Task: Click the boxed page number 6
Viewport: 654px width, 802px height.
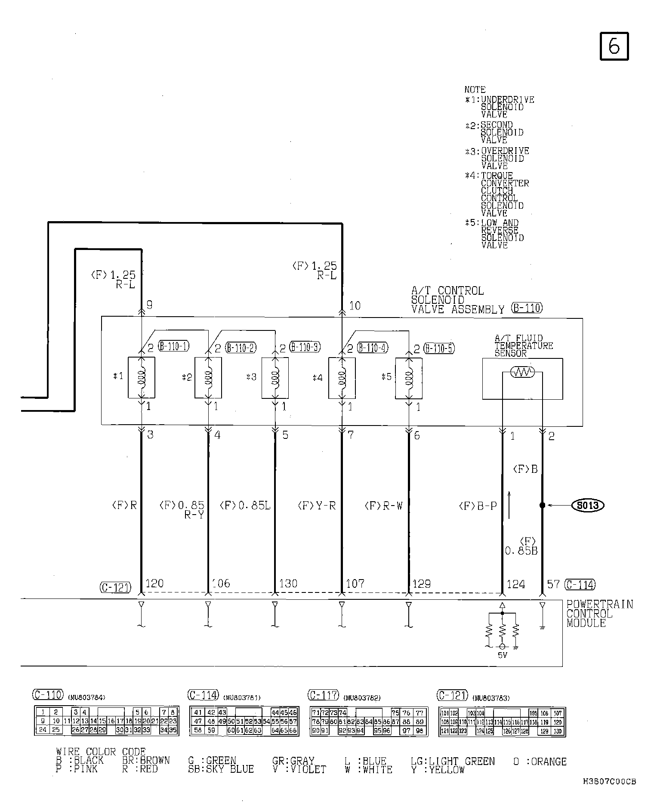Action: coord(614,46)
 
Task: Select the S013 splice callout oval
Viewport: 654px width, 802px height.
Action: coord(588,505)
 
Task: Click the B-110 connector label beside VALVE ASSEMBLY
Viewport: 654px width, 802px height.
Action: coord(527,308)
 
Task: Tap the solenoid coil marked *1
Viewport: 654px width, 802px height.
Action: coord(142,377)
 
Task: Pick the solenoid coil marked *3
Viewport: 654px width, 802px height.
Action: coord(275,377)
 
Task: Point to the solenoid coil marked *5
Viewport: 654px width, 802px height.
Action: coord(408,377)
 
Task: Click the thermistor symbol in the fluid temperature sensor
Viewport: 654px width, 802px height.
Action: coord(522,373)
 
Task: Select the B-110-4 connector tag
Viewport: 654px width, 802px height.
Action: coord(373,348)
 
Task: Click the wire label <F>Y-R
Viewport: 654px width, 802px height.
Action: coord(317,506)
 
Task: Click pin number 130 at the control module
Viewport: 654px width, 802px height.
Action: coord(288,583)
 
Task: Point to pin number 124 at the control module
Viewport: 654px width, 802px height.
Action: coord(516,584)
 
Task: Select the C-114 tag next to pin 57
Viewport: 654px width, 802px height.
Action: coord(580,584)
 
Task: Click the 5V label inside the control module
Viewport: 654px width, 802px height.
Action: coord(502,656)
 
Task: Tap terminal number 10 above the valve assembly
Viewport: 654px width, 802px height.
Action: coord(355,306)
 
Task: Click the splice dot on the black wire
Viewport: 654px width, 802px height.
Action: coord(542,505)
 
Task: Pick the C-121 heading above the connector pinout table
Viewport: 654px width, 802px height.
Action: coord(452,695)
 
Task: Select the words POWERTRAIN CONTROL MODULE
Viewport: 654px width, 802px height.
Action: coord(599,614)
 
